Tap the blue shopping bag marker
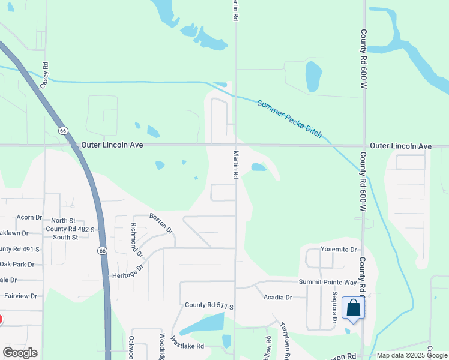(353, 310)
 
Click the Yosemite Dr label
(339, 249)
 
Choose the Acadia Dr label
(277, 297)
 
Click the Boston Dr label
(161, 223)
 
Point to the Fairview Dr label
(21, 296)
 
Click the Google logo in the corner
(20, 353)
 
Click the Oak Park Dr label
(17, 264)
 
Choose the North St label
(63, 221)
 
